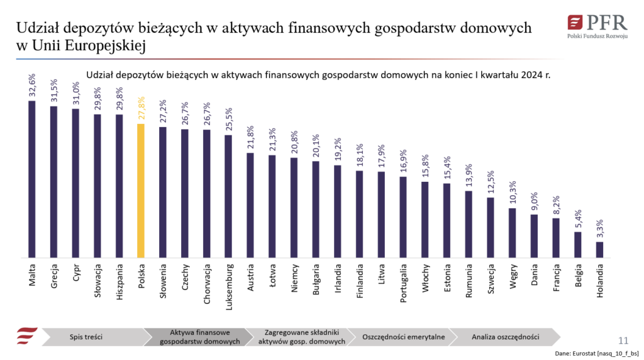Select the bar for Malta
tap(32, 179)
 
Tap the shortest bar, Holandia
tap(599, 250)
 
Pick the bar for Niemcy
tap(294, 208)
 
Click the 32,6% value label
tap(32, 86)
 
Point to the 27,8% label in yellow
tap(141, 108)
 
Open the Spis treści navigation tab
tap(86, 337)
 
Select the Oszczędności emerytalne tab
tap(403, 337)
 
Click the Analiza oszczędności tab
tap(505, 337)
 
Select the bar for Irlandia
tap(337, 211)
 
